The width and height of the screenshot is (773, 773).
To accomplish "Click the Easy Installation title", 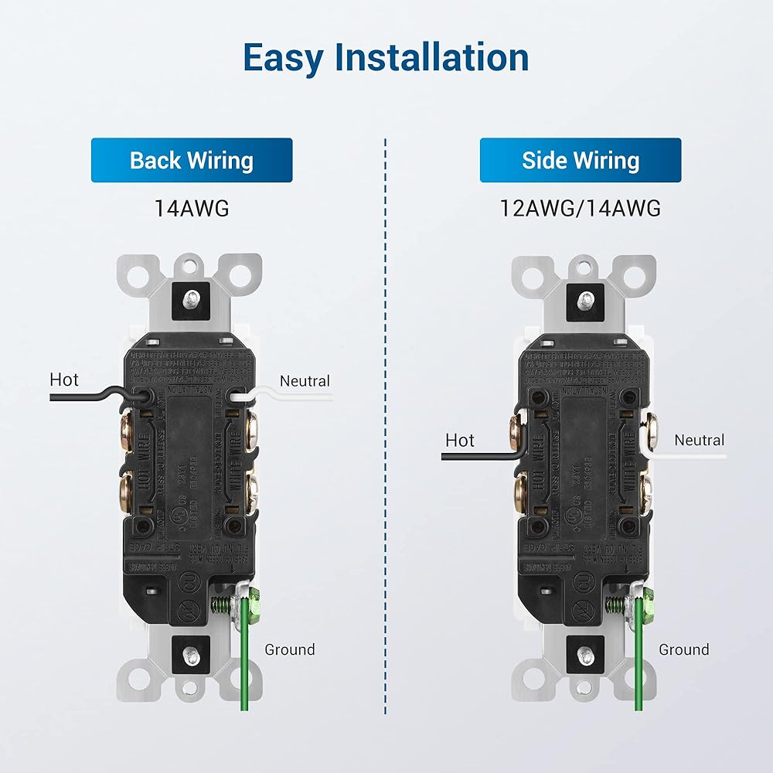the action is (386, 58).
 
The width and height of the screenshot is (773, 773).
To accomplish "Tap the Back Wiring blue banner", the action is (192, 161).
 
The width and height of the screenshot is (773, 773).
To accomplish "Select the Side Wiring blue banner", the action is (581, 161).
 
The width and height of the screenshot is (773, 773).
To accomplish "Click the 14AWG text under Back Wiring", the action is (192, 208).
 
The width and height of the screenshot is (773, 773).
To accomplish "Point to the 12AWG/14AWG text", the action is (581, 208).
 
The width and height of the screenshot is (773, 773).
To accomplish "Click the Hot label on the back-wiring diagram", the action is (64, 380).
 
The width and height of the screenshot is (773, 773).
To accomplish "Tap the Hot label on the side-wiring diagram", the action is (460, 441).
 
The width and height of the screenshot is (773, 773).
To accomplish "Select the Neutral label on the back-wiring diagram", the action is (305, 381).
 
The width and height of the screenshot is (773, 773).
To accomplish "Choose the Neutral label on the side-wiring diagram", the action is (700, 441).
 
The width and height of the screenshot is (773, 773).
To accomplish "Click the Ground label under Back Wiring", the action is (290, 649).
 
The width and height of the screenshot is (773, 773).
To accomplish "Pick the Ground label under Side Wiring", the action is (684, 649).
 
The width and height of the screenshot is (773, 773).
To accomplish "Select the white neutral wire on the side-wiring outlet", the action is (688, 457).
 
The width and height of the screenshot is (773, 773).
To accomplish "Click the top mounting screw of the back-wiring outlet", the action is (192, 296).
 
